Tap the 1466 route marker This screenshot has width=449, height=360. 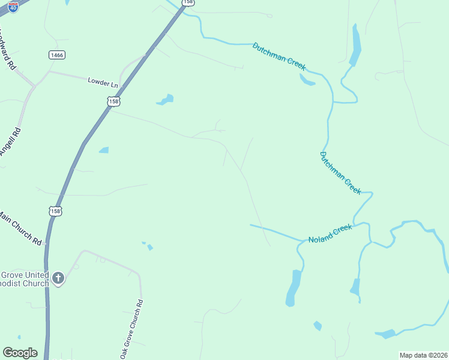click(x=57, y=55)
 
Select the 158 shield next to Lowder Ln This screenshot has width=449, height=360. click(x=114, y=102)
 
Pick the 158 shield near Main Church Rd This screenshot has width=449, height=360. click(x=55, y=211)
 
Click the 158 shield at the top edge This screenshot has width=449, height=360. click(x=188, y=2)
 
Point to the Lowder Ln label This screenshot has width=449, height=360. click(x=103, y=81)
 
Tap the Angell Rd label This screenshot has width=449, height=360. click(x=11, y=142)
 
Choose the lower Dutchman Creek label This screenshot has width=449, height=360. click(x=340, y=173)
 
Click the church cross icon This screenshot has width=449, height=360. click(x=58, y=277)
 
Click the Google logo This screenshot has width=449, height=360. click(x=20, y=353)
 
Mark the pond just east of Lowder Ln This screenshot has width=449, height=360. click(x=166, y=100)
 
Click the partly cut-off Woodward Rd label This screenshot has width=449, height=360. click(x=8, y=47)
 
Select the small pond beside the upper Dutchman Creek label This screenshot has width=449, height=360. click(x=307, y=80)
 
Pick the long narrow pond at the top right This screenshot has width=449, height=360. click(x=356, y=47)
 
